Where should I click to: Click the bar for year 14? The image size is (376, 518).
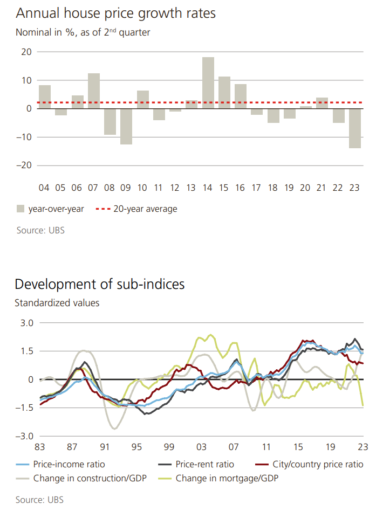point(208,82)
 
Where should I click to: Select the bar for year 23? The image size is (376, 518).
point(355,128)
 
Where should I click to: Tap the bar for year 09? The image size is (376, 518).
point(126,126)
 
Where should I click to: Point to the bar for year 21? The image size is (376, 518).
point(322,103)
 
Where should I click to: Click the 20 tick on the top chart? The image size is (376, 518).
point(26,52)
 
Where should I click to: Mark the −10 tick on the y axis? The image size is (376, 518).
point(24,137)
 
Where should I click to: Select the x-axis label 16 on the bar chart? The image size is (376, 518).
point(241,188)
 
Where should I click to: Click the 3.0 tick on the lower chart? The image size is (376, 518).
point(26,323)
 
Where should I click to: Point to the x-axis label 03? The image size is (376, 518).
point(201,447)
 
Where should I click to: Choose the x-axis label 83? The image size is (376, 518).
point(40,447)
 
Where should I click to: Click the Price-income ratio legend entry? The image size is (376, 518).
point(69,464)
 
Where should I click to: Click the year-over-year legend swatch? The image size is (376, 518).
point(20,209)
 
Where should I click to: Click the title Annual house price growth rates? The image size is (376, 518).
point(115,13)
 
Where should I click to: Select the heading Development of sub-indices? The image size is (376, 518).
point(100,284)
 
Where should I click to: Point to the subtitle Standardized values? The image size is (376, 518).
point(57,303)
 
